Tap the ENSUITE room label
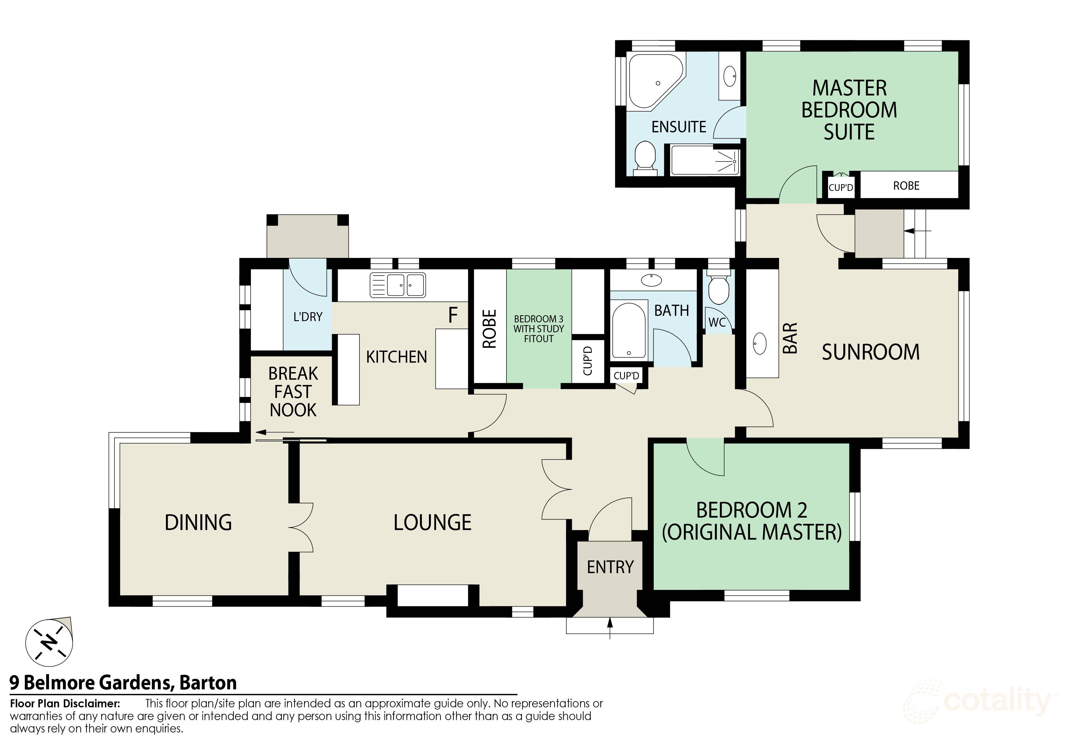(679, 127)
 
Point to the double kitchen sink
(398, 285)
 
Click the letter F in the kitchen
(453, 316)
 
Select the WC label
(716, 322)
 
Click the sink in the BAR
(760, 344)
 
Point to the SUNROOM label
(870, 352)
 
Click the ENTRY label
(610, 567)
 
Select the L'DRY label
(308, 317)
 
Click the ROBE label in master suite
(906, 186)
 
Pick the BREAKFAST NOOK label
(293, 392)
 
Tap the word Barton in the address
(208, 683)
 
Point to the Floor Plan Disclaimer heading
(65, 704)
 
